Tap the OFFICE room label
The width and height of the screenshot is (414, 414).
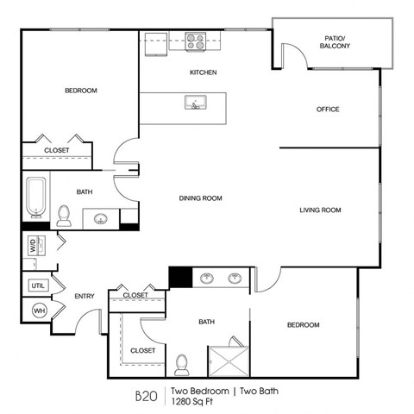(x=328, y=110)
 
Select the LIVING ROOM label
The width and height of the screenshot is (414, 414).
(x=320, y=210)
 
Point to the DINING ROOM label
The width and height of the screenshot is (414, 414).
(x=200, y=198)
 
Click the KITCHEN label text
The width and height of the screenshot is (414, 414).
(x=204, y=72)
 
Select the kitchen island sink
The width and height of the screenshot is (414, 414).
(x=196, y=103)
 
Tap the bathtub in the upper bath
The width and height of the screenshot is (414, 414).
(x=35, y=198)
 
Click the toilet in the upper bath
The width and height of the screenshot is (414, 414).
(x=64, y=215)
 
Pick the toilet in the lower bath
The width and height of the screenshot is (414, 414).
(x=182, y=364)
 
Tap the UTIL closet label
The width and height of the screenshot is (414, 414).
(x=37, y=285)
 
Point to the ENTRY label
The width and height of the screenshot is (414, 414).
(x=84, y=296)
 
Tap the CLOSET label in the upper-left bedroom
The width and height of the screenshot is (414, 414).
(x=57, y=151)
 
